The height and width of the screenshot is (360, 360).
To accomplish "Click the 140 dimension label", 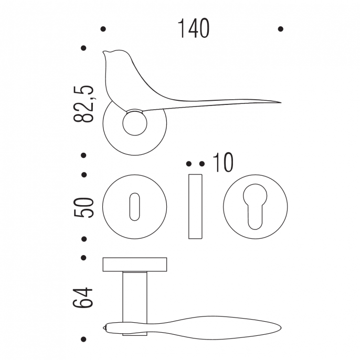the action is (x=193, y=28).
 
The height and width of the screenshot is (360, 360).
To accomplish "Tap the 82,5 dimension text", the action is (x=83, y=104).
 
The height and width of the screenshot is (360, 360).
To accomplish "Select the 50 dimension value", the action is (x=83, y=207).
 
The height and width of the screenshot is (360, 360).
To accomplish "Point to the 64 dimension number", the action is (x=83, y=298).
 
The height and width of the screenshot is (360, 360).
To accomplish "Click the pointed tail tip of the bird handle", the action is (x=281, y=102).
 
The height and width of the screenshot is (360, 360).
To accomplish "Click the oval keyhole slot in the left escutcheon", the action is (x=134, y=207).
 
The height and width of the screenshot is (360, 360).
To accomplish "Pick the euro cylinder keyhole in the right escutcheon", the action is (x=255, y=206).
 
